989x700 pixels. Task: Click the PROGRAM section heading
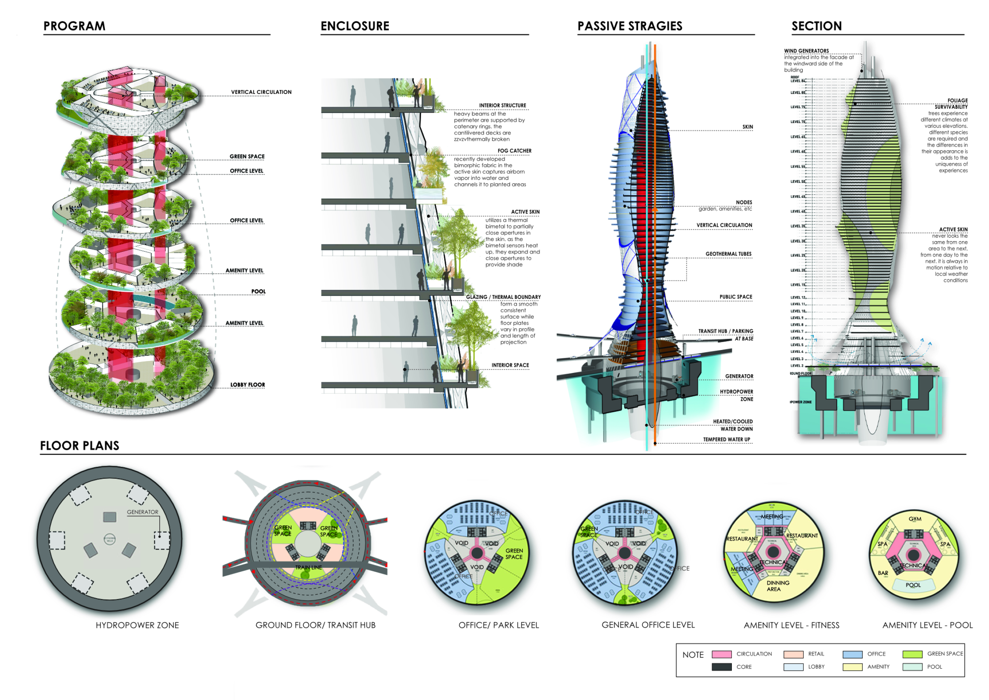coord(74,26)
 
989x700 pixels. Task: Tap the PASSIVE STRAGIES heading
coord(630,26)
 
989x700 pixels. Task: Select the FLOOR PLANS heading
coord(80,446)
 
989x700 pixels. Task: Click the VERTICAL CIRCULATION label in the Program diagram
coord(261,92)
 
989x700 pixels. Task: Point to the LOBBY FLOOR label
coord(247,385)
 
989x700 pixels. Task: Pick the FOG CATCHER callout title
coord(514,151)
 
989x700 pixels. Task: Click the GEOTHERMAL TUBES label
coord(728,254)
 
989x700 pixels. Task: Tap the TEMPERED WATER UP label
coord(727,439)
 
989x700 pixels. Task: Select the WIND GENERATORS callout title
coord(806,51)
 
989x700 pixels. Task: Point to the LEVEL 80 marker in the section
coord(798,93)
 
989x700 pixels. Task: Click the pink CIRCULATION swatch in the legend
coord(722,654)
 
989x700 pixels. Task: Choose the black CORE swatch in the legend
coord(722,667)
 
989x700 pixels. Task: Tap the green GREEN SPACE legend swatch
coord(912,654)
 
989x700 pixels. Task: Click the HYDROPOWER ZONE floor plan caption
coord(137,626)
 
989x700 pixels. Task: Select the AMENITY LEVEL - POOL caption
coord(927,626)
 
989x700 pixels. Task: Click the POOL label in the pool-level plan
coord(913,585)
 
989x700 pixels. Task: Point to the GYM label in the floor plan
coord(915,519)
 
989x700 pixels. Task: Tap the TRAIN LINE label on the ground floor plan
coord(309,568)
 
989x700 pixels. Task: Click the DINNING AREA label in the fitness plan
coord(777,586)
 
